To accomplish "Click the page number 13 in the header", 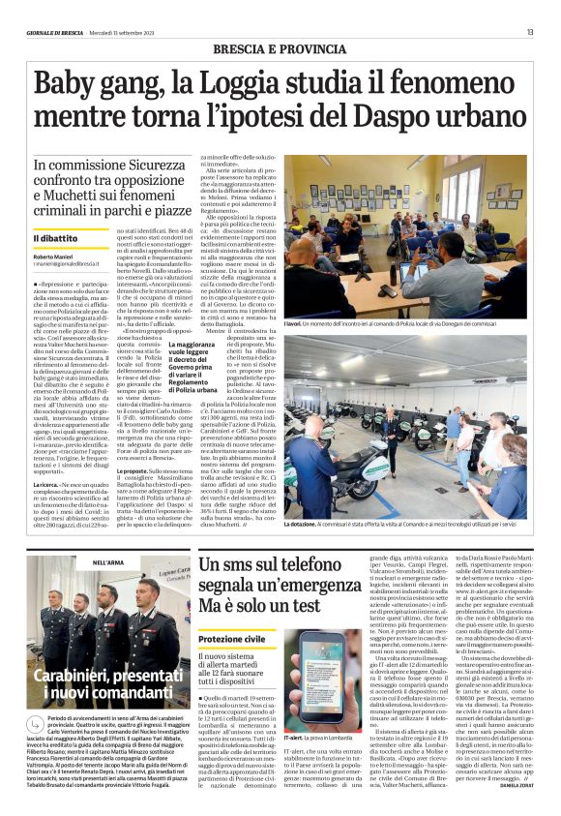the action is click(530, 32).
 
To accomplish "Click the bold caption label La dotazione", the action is click(301, 523).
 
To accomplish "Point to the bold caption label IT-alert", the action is click(295, 763).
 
